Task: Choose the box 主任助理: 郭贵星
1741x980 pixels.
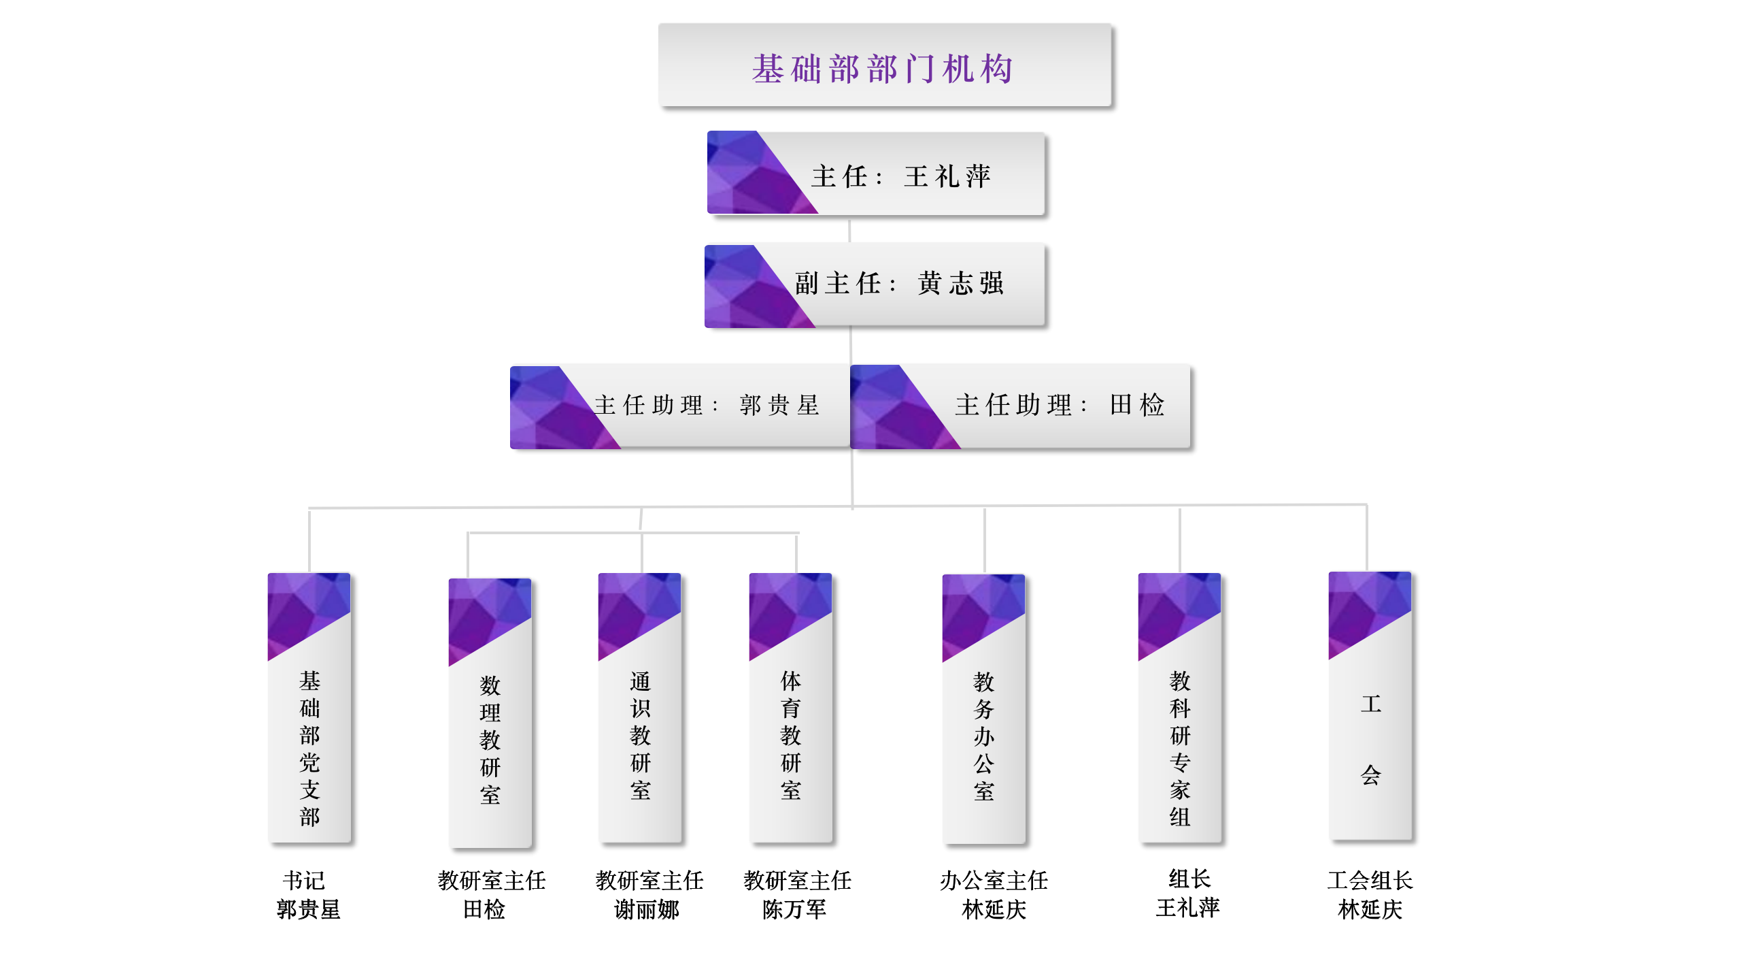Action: click(x=707, y=406)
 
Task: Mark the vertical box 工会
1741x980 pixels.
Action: click(x=1370, y=739)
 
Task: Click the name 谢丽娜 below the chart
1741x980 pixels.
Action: click(x=646, y=910)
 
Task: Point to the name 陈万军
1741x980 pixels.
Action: click(x=794, y=910)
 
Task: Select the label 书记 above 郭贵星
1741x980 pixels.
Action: click(x=304, y=881)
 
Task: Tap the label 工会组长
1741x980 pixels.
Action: click(x=1370, y=881)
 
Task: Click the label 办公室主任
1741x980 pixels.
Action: click(x=994, y=881)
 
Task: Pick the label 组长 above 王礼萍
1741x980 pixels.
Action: click(x=1189, y=879)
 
